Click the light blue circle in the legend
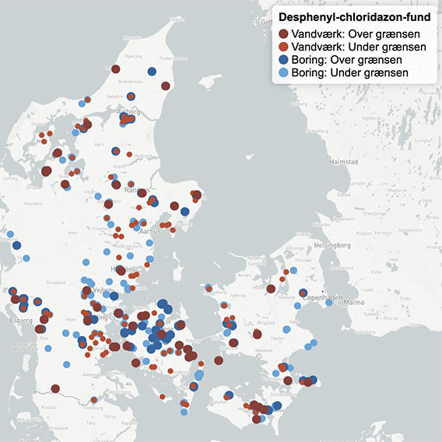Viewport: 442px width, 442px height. (284, 73)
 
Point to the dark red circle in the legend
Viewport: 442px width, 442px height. (284, 34)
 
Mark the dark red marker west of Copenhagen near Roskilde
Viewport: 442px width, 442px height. (270, 289)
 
